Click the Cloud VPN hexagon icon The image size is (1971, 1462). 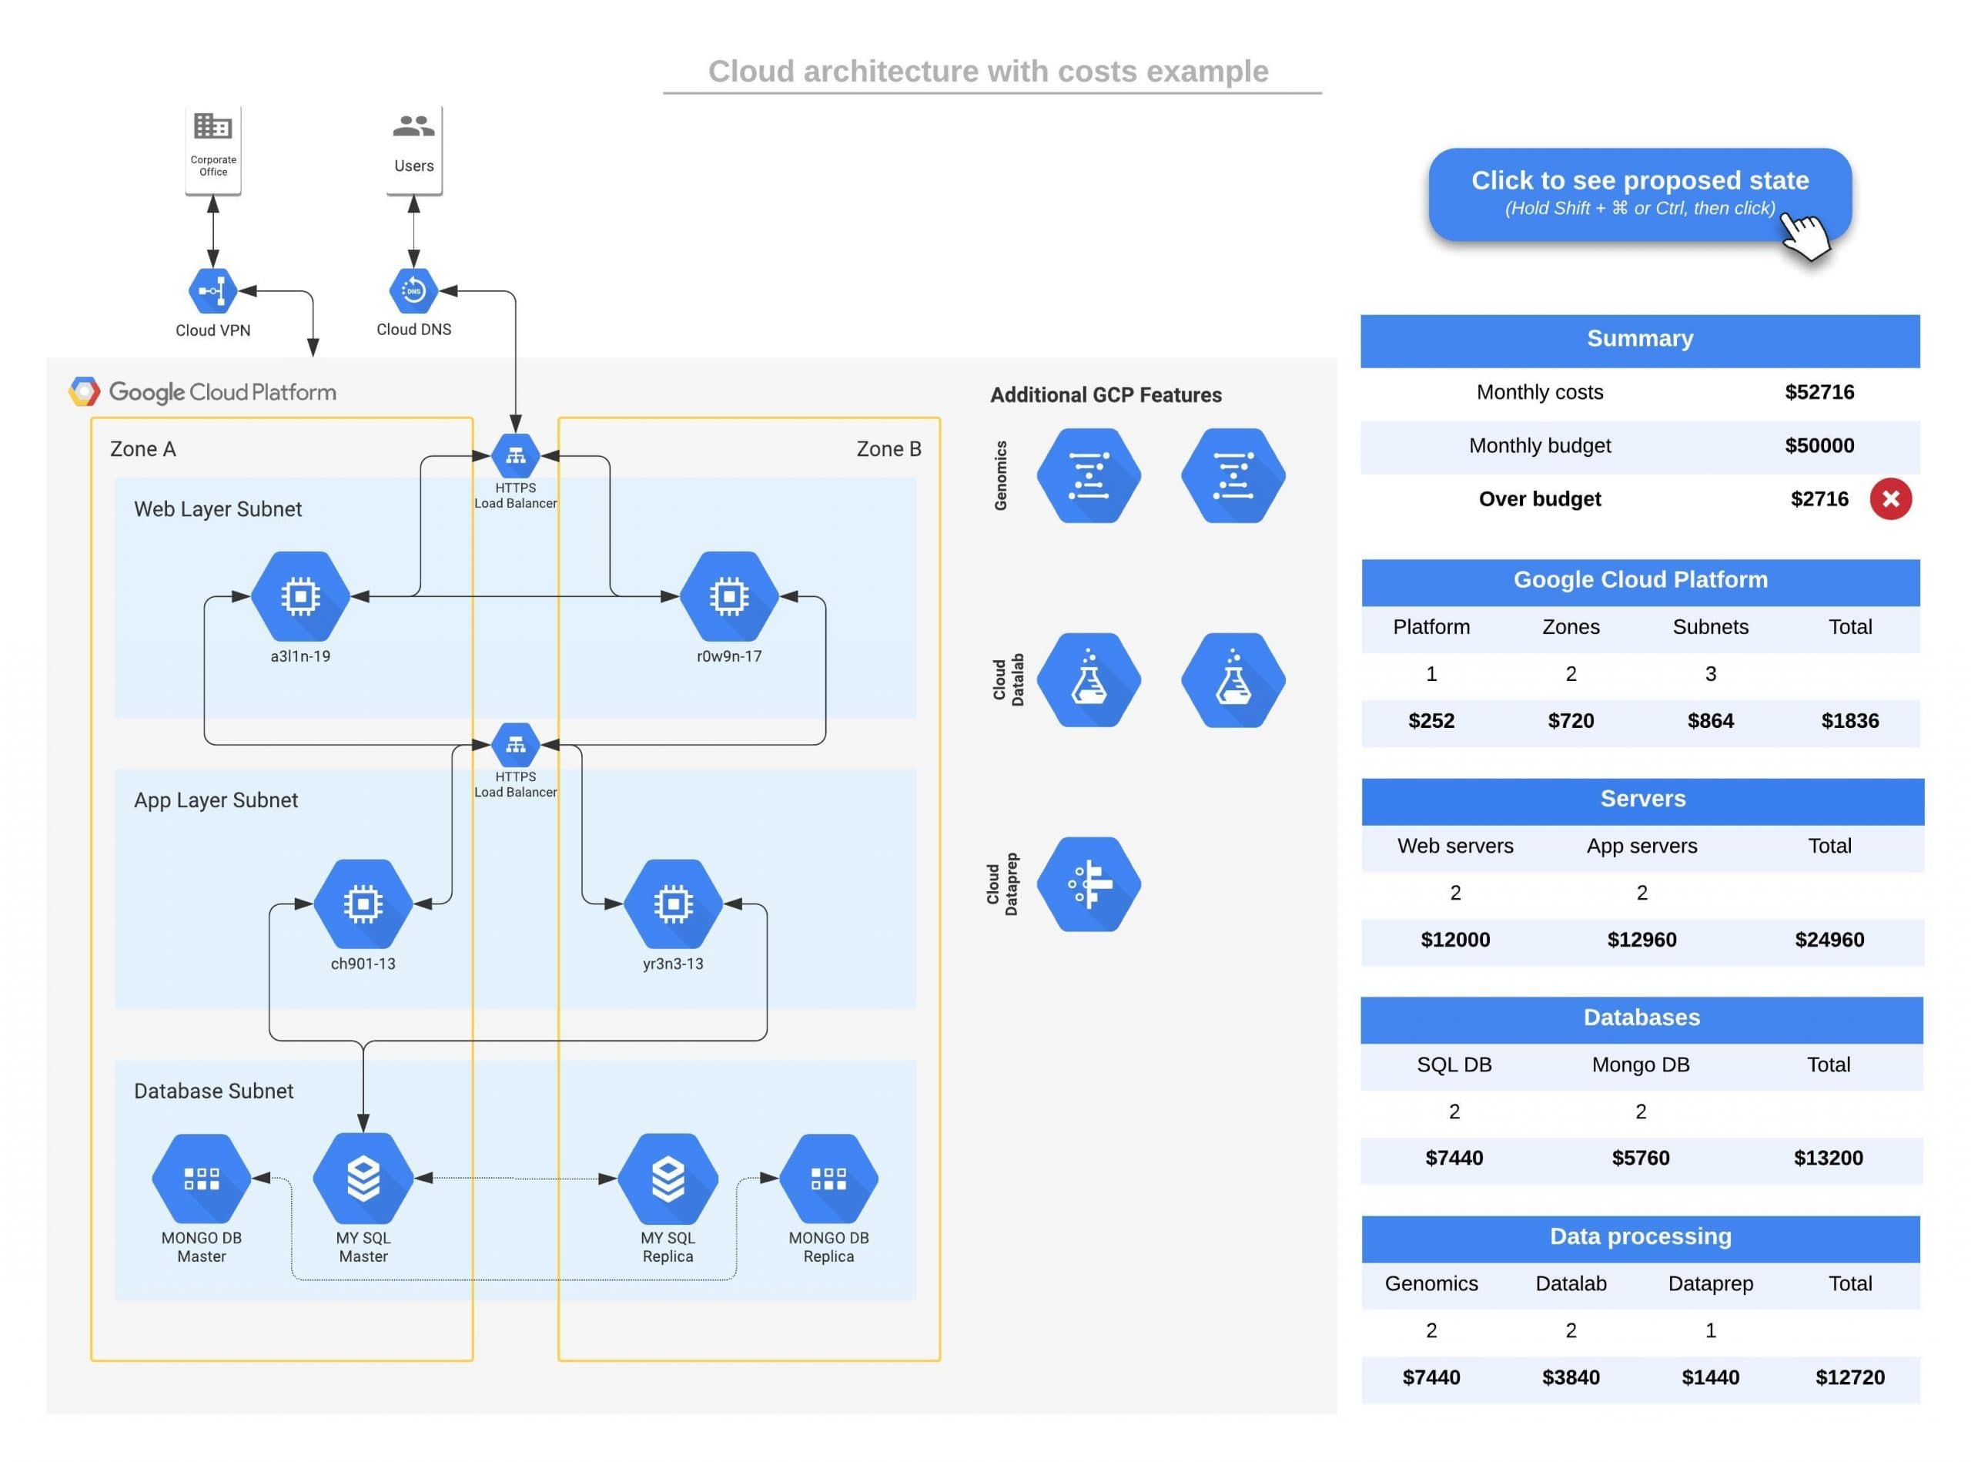point(212,290)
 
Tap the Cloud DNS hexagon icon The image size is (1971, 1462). point(413,290)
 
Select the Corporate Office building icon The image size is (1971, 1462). point(212,126)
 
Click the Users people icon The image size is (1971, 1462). point(413,126)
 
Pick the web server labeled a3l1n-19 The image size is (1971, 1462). point(300,596)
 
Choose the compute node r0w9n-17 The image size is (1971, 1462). point(728,596)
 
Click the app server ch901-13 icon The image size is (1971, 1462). point(363,904)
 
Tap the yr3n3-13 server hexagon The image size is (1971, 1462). point(672,904)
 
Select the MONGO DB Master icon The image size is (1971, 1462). point(201,1178)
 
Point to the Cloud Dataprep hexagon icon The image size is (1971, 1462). point(1088,884)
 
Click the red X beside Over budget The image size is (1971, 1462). point(1889,499)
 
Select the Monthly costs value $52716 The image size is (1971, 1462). point(1818,392)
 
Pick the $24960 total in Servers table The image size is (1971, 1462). point(1829,940)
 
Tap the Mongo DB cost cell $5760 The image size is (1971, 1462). point(1639,1158)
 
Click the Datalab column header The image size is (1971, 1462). point(1570,1283)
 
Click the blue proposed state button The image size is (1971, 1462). point(1638,193)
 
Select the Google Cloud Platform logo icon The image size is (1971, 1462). point(84,391)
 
